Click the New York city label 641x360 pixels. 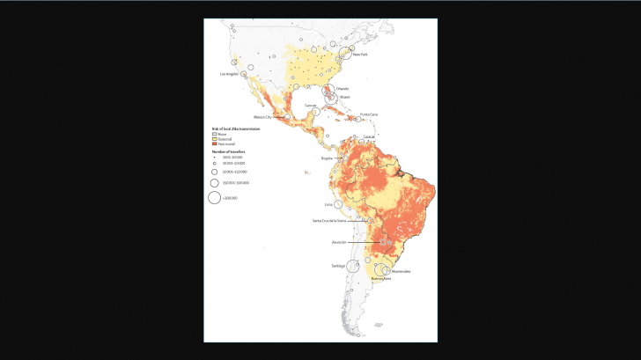[359, 55]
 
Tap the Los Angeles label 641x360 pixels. [230, 74]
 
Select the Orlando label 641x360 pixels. [343, 88]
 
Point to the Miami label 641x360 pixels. [344, 99]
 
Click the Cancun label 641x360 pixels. [310, 105]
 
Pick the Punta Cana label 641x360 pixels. [368, 114]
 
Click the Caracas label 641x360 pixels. [371, 137]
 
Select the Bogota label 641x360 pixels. [327, 158]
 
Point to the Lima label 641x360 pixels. [328, 203]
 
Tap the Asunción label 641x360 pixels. [339, 241]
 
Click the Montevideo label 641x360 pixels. [401, 271]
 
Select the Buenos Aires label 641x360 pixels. [380, 279]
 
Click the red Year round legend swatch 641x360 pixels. [214, 143]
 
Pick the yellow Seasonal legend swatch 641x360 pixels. [214, 137]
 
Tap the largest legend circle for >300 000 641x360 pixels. [214, 198]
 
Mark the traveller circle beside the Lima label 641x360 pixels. [338, 204]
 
